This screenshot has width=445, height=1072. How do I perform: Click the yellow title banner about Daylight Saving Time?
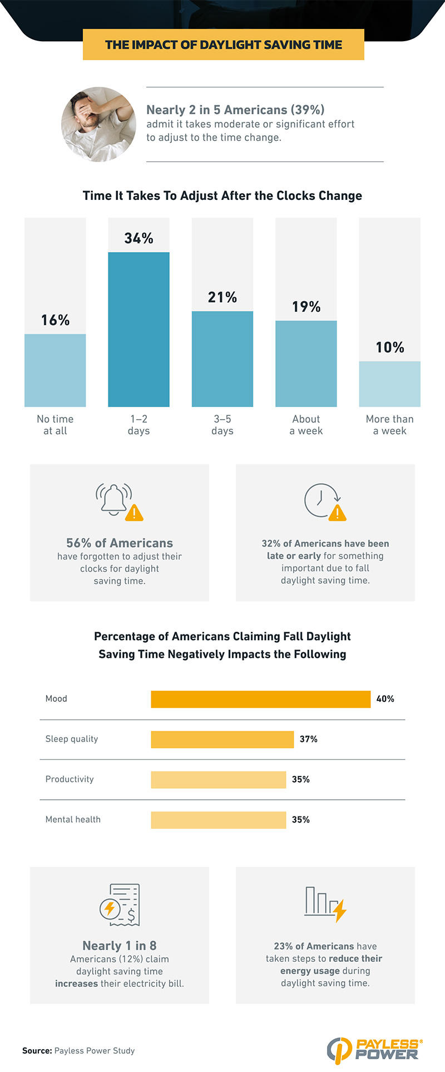coord(223,45)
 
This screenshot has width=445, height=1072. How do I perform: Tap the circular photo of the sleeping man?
coord(98,124)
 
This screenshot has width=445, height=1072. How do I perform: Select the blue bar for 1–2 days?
coord(139,329)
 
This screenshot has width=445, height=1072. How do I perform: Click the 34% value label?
coord(139,238)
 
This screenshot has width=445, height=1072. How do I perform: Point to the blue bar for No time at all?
coord(55,370)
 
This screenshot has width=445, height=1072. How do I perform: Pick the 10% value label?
coord(390,347)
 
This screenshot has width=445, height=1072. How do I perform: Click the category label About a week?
coord(306,425)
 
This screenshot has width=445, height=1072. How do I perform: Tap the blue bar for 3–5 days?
coord(222,358)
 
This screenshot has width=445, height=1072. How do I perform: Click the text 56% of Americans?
coord(120,543)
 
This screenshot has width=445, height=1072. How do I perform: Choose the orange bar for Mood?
coord(260,699)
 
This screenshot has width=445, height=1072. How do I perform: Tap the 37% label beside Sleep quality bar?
coord(309,739)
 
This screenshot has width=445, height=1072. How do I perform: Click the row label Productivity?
coord(70,779)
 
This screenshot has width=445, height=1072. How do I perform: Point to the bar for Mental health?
coord(218,820)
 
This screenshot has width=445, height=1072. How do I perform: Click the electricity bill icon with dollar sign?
coord(120,904)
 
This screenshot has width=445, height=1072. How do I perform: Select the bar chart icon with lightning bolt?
coord(325,903)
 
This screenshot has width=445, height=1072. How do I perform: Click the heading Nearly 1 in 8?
coord(120,946)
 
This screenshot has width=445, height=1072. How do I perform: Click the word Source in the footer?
coord(37,1051)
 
